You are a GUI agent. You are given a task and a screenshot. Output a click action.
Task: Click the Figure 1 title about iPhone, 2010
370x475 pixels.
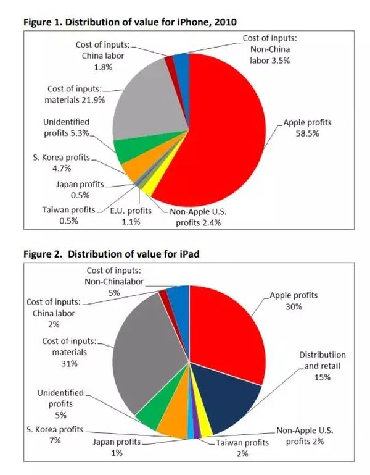(129, 22)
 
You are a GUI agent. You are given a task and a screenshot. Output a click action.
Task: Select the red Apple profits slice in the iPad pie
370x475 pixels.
(225, 334)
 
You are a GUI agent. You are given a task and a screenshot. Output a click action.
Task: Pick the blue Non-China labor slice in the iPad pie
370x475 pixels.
(179, 303)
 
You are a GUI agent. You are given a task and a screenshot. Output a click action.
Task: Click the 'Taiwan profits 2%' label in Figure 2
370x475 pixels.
(241, 448)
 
